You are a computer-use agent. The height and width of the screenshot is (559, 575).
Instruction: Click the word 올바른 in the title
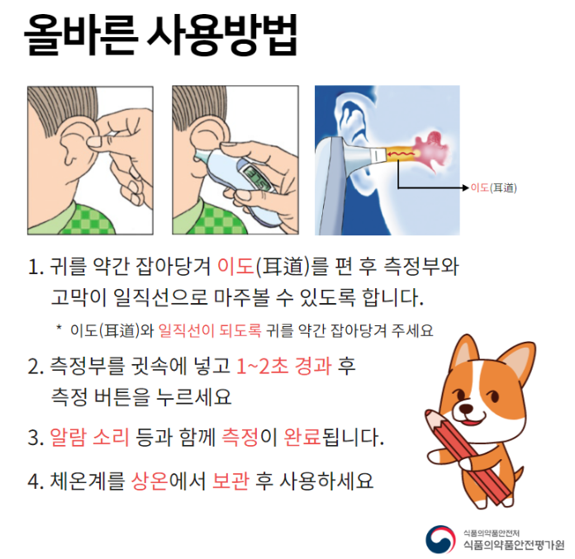pyautogui.click(x=81, y=35)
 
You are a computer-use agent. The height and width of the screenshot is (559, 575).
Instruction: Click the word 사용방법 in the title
pyautogui.click(x=222, y=35)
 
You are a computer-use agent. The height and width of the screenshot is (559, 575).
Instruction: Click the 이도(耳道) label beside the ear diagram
pyautogui.click(x=493, y=187)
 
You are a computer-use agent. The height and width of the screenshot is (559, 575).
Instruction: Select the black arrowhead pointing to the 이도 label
pyautogui.click(x=467, y=188)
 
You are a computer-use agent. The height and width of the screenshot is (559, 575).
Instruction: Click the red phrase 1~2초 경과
pyautogui.click(x=284, y=366)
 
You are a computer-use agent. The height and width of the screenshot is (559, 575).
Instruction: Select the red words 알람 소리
pyautogui.click(x=89, y=437)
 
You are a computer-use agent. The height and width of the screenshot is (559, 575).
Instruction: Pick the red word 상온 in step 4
pyautogui.click(x=150, y=481)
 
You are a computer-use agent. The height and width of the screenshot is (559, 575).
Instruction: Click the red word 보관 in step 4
pyautogui.click(x=231, y=481)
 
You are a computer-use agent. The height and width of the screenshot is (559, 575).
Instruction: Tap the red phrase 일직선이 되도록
pyautogui.click(x=210, y=330)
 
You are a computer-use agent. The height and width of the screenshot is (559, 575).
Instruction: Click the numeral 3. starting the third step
pyautogui.click(x=36, y=438)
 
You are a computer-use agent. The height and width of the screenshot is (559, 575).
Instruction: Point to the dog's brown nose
pyautogui.click(x=467, y=409)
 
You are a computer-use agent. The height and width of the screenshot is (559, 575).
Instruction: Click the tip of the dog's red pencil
pyautogui.click(x=427, y=412)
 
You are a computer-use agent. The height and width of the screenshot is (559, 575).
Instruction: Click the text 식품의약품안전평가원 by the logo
pyautogui.click(x=514, y=545)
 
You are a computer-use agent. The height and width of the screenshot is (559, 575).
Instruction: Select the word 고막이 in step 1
pyautogui.click(x=78, y=297)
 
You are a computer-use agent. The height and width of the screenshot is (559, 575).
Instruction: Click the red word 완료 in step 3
pyautogui.click(x=302, y=437)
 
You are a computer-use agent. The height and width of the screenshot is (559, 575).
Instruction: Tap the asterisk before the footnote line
pyautogui.click(x=59, y=327)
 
